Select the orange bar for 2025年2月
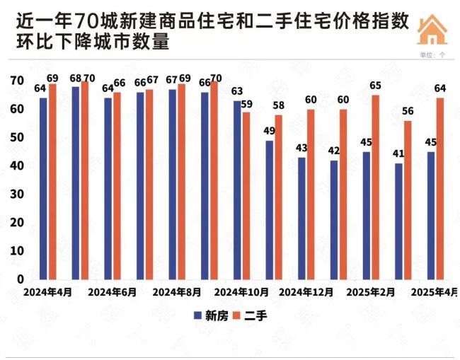coord(375,187)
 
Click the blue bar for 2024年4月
coord(43,188)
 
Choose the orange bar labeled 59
coord(246,195)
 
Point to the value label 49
coord(269,131)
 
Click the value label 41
coord(398,153)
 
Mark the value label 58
coord(279,105)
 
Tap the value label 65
coord(376,86)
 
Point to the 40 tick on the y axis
coord(16,166)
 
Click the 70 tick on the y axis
coord(16,81)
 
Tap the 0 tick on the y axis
coord(21,279)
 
